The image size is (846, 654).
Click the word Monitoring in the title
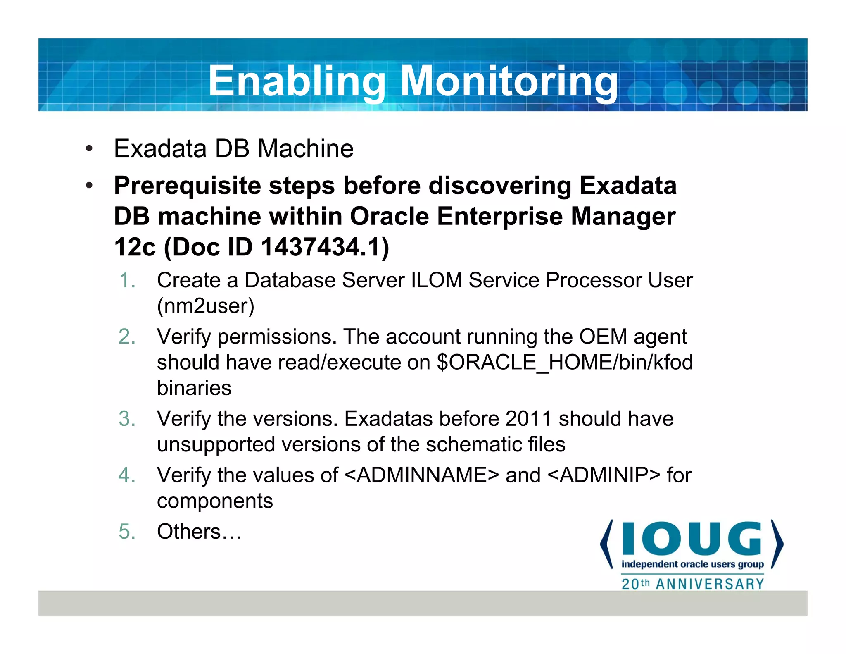pyautogui.click(x=509, y=81)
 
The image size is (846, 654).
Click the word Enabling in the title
pyautogui.click(x=297, y=81)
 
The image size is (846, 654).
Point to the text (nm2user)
pyautogui.click(x=205, y=306)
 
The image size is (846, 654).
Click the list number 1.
pyautogui.click(x=127, y=280)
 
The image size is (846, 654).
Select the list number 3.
pyautogui.click(x=127, y=419)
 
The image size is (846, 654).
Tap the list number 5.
pyautogui.click(x=127, y=532)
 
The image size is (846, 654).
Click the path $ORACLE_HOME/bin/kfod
pyautogui.click(x=565, y=363)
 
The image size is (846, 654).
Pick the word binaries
pyautogui.click(x=194, y=388)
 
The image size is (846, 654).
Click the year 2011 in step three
pyautogui.click(x=529, y=419)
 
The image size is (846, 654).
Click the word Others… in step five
pyautogui.click(x=199, y=532)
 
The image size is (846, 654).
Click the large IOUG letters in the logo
pyautogui.click(x=692, y=539)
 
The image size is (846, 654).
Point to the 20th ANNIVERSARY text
pyautogui.click(x=693, y=584)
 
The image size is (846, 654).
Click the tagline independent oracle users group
pyautogui.click(x=692, y=564)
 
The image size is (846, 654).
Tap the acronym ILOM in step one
pyautogui.click(x=437, y=280)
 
